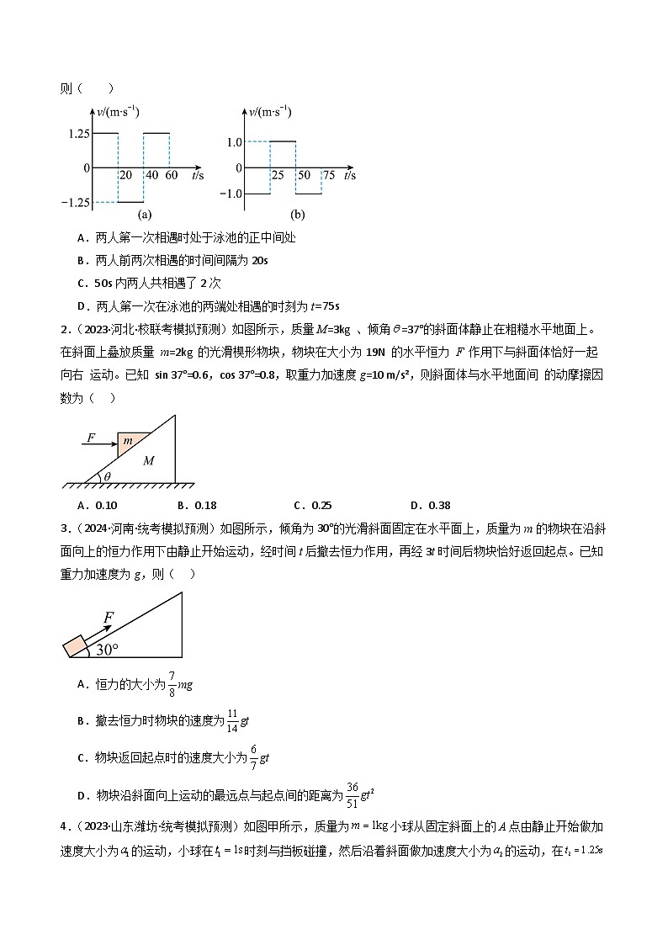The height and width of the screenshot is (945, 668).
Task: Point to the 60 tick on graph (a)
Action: tap(171, 175)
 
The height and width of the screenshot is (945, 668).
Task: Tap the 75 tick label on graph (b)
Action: tap(327, 175)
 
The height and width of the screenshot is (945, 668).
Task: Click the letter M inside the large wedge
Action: tap(149, 461)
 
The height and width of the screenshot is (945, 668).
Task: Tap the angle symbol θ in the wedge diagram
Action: tap(104, 476)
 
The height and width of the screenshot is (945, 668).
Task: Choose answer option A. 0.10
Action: tap(96, 505)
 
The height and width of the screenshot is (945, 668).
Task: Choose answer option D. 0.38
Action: tap(430, 505)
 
